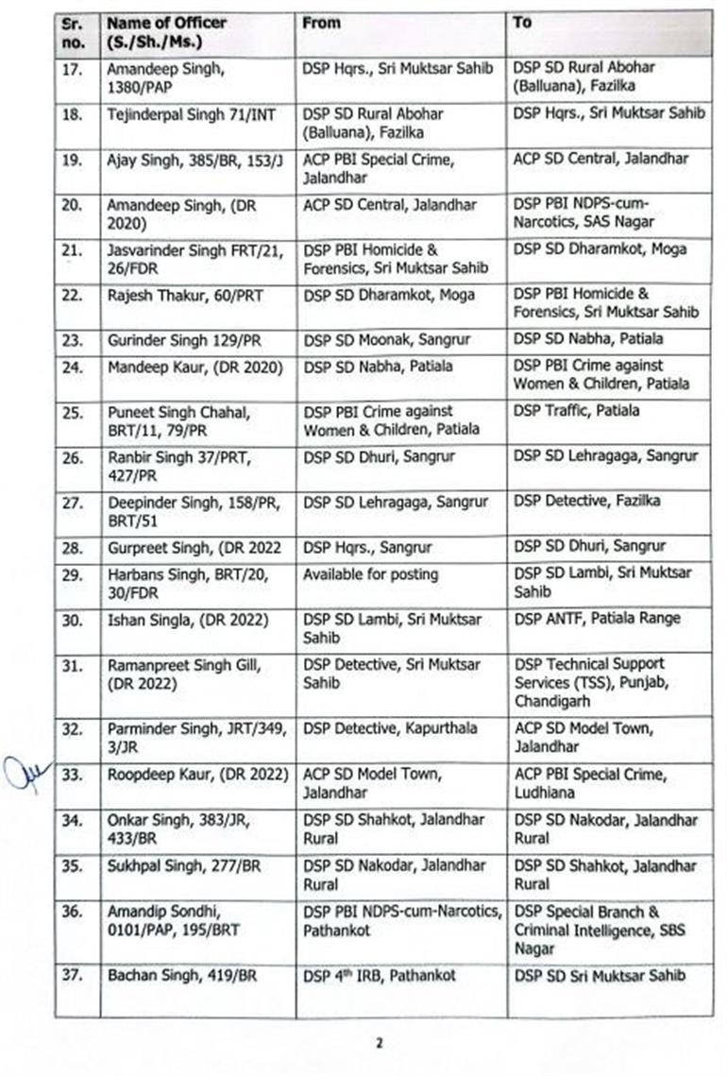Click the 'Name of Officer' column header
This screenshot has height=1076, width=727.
[x=166, y=32]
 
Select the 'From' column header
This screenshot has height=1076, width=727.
[x=321, y=23]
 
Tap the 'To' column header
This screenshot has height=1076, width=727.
[x=522, y=23]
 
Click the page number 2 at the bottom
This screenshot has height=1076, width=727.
[x=380, y=1043]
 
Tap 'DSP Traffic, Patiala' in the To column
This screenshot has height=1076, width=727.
[x=577, y=411]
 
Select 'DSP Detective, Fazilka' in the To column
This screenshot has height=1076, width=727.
[x=587, y=501]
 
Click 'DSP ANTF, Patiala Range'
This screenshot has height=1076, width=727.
[x=597, y=619]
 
